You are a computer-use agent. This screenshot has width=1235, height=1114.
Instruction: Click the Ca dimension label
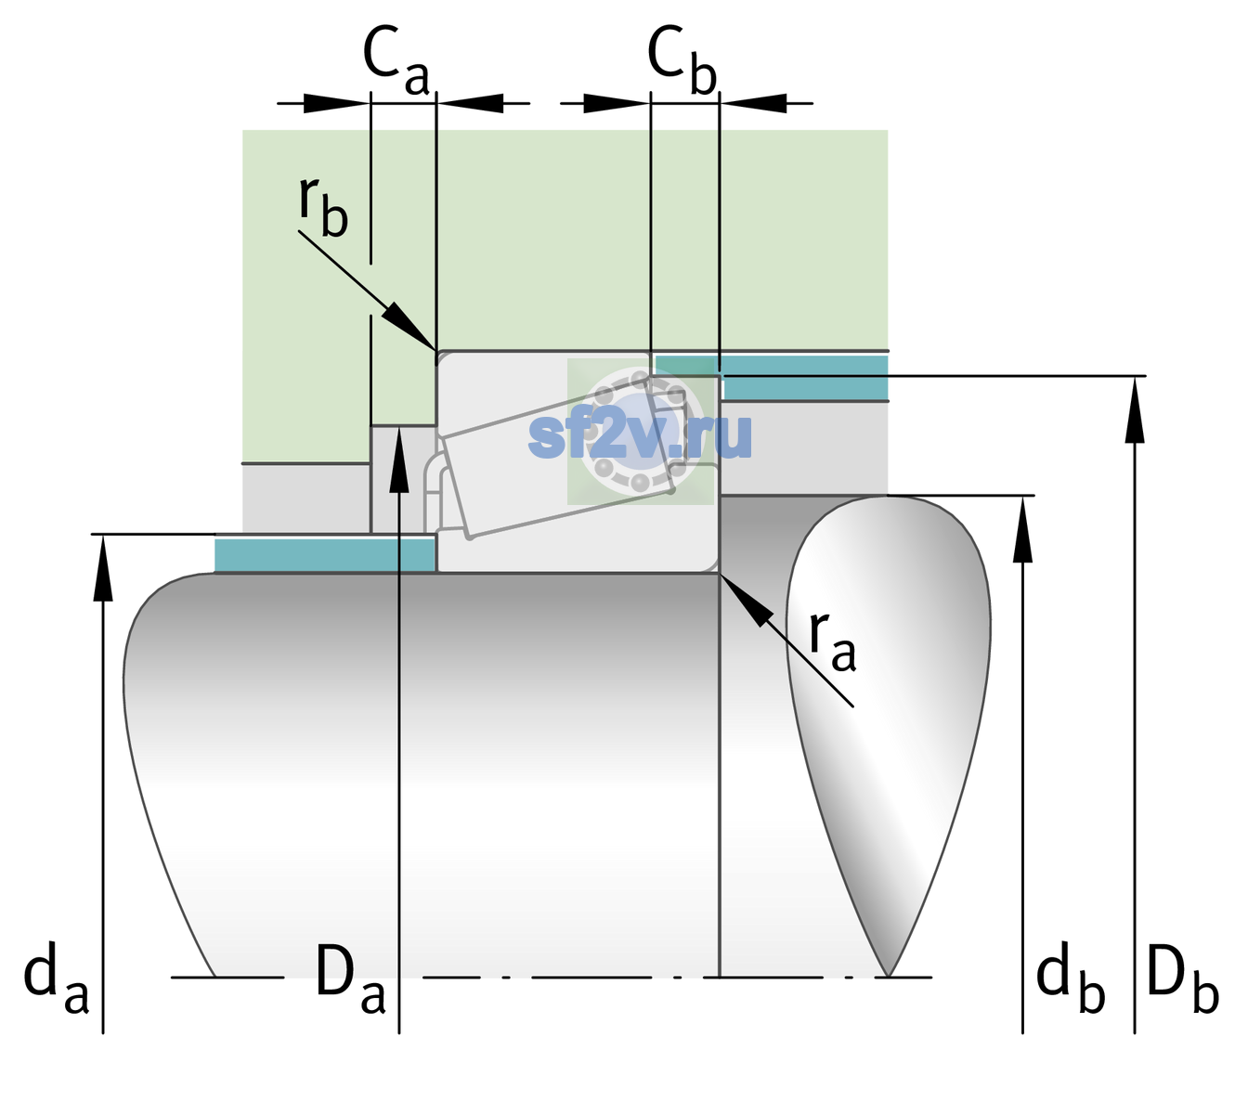[x=396, y=60]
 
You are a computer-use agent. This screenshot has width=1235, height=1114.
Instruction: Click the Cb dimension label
[x=682, y=60]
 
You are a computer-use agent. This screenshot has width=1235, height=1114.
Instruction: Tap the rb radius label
[x=324, y=206]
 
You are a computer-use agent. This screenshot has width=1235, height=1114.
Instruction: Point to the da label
[x=56, y=978]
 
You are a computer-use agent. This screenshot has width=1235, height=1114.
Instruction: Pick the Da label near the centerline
[x=350, y=978]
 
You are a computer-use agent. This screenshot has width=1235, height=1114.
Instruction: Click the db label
[x=1071, y=978]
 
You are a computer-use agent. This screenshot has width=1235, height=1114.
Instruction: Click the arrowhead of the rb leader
[x=409, y=326]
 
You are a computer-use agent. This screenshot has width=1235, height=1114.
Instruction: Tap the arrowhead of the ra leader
[x=746, y=600]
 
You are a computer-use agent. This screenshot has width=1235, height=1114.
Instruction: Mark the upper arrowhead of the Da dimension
[x=399, y=459]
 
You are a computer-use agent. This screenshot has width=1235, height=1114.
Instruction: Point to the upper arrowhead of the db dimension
[x=1022, y=528]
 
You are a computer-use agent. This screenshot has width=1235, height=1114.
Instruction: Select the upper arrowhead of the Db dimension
[x=1135, y=408]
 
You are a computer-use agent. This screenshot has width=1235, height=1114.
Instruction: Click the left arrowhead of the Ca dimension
[x=336, y=103]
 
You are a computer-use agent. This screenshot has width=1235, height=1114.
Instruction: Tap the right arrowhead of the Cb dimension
[x=753, y=103]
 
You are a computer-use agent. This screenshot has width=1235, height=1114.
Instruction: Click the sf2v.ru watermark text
[x=641, y=435]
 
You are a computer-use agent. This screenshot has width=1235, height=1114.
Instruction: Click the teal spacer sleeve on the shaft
[x=324, y=554]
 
